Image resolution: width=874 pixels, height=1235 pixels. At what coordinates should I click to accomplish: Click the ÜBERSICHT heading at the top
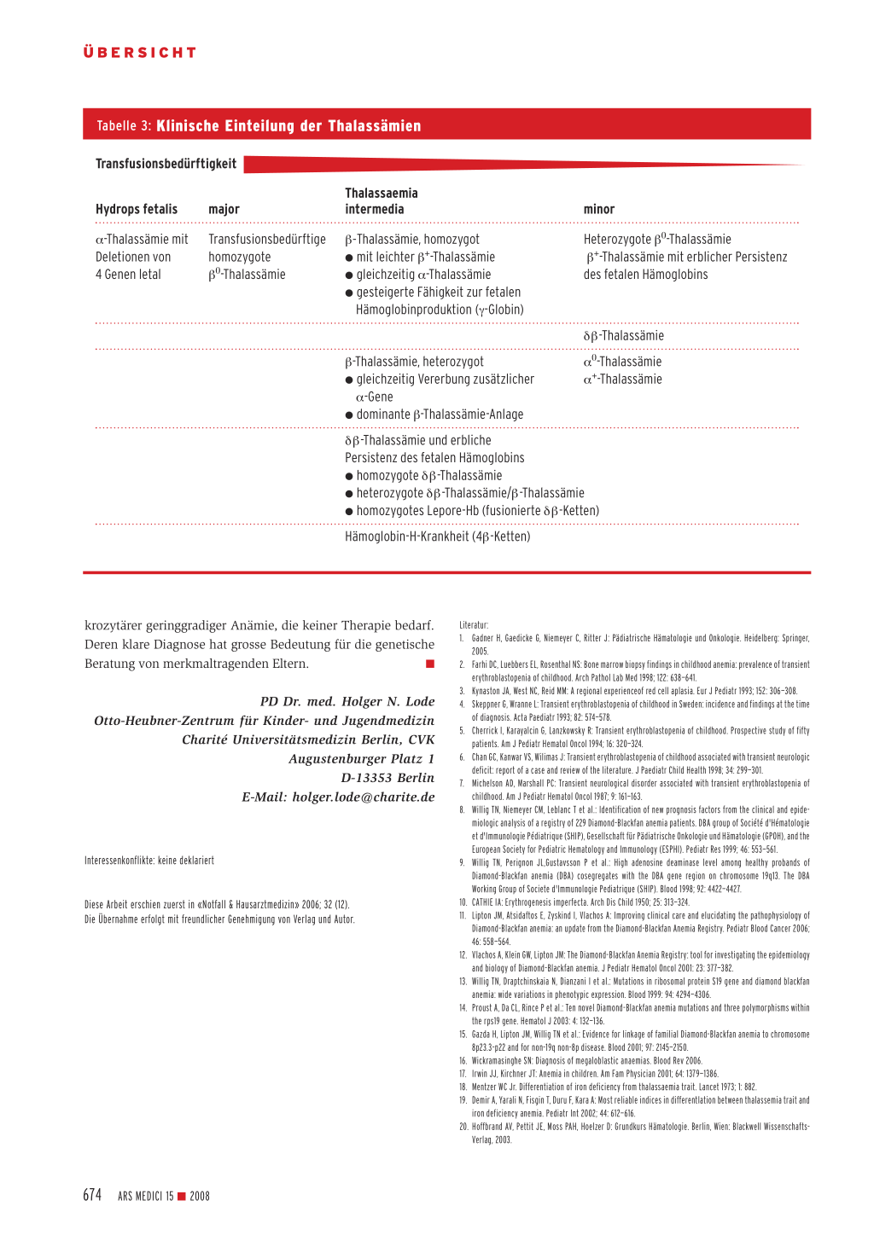(140, 53)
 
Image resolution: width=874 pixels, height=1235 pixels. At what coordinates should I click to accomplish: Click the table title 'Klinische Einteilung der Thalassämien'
(288, 126)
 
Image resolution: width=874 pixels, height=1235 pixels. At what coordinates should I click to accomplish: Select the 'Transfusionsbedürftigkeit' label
(166, 164)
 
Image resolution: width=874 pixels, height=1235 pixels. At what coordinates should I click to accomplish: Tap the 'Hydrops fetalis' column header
(137, 210)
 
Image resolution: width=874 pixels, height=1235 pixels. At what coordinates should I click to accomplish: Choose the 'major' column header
(224, 210)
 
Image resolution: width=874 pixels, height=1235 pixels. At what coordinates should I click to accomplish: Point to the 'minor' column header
(598, 210)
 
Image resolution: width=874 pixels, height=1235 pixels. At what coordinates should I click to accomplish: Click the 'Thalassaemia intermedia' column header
(381, 201)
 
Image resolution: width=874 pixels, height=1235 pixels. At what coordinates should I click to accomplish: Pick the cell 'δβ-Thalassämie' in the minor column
(623, 336)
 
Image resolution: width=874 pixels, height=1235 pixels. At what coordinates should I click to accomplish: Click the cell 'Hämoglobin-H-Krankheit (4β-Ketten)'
(437, 536)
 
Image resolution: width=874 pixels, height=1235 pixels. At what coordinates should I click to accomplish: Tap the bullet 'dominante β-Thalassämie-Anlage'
(439, 415)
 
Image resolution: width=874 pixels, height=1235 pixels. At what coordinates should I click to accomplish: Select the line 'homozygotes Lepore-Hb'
(476, 511)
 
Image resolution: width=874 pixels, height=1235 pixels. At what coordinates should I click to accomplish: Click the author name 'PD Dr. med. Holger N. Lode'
(347, 701)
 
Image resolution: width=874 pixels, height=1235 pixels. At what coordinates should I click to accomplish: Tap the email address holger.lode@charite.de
(363, 797)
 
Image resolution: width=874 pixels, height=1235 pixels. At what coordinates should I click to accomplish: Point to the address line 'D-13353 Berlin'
(387, 778)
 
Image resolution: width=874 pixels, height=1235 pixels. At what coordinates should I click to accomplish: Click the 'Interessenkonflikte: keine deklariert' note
(149, 861)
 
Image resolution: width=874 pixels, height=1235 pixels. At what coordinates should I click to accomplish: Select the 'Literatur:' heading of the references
(474, 625)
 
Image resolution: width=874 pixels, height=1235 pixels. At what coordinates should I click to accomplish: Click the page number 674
(92, 1195)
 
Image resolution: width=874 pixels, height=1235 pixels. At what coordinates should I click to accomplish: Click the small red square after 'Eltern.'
(430, 664)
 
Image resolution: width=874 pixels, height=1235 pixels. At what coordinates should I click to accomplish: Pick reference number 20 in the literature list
(463, 1127)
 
